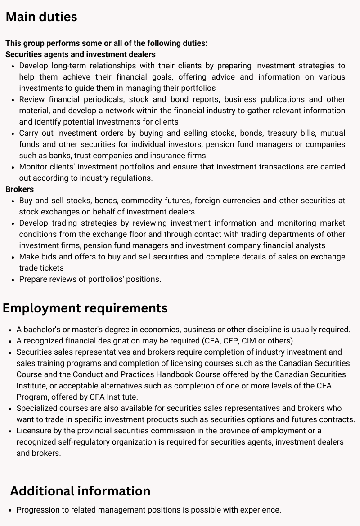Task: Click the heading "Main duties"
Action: [41, 17]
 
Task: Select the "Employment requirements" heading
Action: [85, 308]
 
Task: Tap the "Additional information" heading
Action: [80, 491]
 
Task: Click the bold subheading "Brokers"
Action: [19, 189]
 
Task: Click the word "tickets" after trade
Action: [50, 268]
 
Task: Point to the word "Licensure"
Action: [35, 431]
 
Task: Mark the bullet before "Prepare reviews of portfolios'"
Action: [12, 279]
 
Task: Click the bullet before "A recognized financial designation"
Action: [9, 341]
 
